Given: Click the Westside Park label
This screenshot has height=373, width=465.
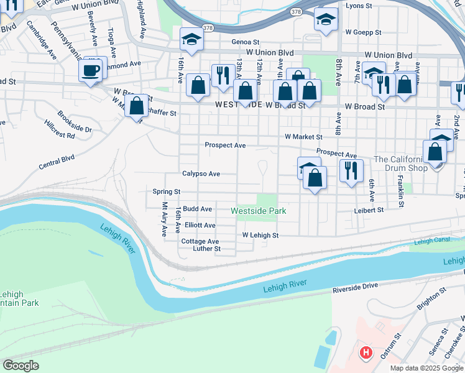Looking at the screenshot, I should pos(258,211).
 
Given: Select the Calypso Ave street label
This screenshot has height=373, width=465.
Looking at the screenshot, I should pos(201,174).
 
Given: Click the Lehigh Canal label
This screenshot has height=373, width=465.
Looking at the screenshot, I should pos(431,241).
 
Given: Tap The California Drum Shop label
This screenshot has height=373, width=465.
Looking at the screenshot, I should pos(400,164).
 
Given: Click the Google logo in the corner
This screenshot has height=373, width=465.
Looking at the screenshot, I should pos(21,366).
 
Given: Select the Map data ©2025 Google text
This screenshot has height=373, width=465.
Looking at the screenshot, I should pos(426,368).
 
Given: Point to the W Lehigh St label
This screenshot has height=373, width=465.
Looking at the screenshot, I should pos(260,236).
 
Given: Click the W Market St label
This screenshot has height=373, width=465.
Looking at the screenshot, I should pos(303,137).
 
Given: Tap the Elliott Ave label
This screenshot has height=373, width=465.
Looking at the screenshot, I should pos(200,226).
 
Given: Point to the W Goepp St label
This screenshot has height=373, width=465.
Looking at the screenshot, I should pos(363,32).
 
